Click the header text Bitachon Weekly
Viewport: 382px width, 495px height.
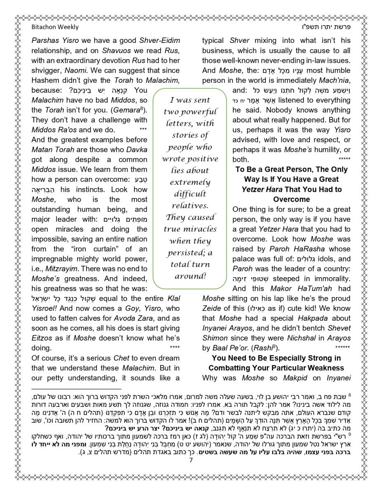click(55, 27)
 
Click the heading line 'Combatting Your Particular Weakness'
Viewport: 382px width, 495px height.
click(276, 368)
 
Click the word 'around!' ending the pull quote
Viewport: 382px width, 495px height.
click(190, 276)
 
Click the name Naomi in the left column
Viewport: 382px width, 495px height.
click(75, 71)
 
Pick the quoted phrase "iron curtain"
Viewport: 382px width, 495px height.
click(96, 249)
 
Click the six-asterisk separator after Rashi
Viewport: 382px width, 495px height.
click(345, 348)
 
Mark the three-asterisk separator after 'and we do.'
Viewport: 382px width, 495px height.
click(143, 130)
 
